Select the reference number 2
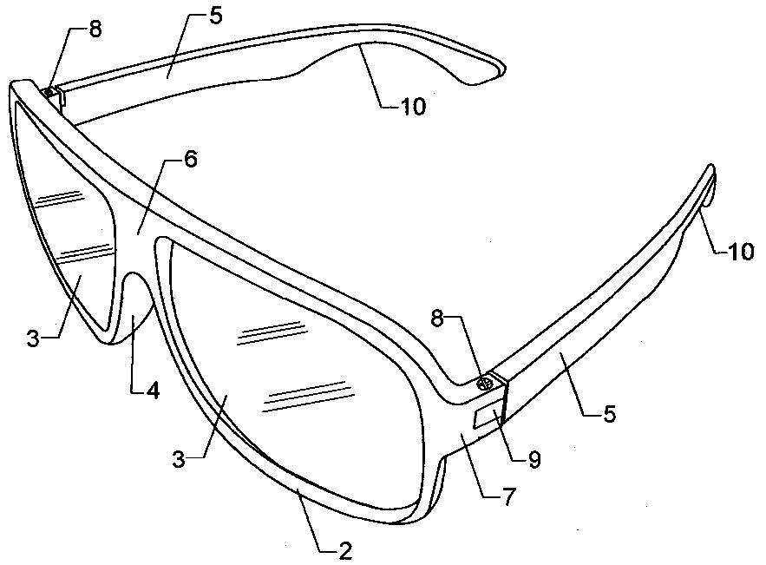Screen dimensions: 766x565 tap(345, 551)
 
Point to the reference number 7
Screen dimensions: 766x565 tap(508, 497)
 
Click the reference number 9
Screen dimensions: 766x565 tap(534, 459)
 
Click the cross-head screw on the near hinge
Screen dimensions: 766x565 tap(485, 384)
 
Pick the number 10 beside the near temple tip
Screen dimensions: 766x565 tap(741, 252)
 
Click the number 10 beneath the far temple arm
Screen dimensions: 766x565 tap(413, 107)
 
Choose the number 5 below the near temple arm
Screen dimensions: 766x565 tap(609, 413)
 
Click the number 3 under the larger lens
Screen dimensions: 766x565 tap(179, 459)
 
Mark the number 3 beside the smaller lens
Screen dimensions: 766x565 tap(33, 338)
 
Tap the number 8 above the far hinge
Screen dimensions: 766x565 tap(95, 29)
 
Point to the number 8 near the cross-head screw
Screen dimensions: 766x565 tap(438, 319)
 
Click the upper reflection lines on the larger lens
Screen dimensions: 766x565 tap(272, 333)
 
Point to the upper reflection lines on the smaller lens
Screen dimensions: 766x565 tap(60, 197)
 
